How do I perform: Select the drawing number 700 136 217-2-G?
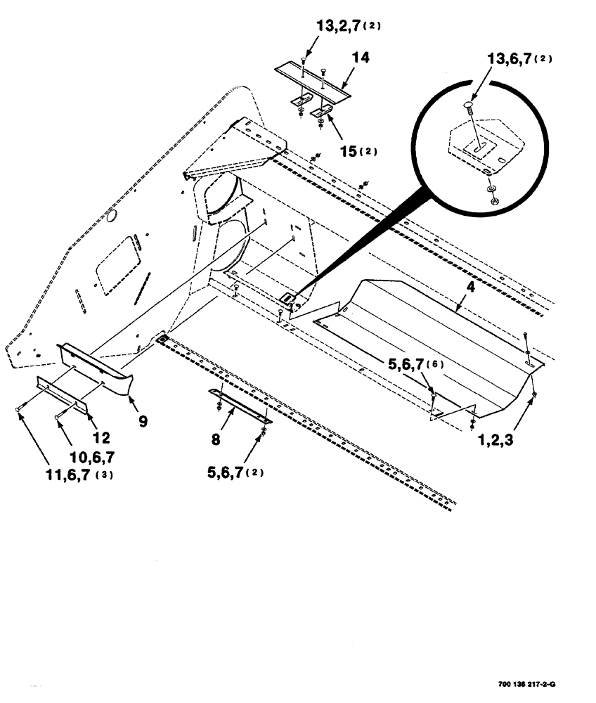tap(535, 685)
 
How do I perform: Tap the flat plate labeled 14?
tap(311, 78)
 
